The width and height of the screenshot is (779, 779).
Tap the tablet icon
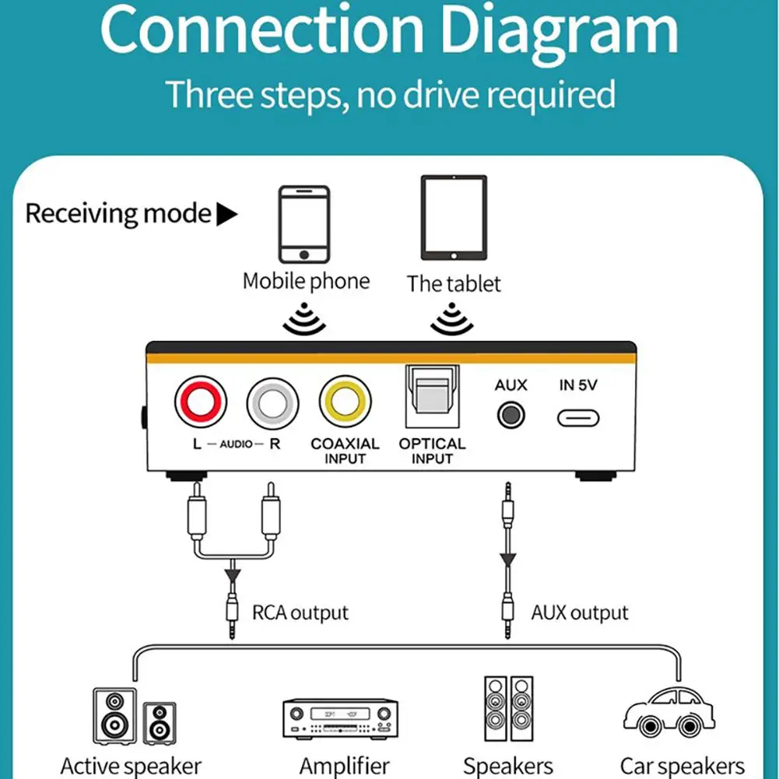[x=454, y=218]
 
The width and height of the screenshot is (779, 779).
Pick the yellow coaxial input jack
[x=345, y=402]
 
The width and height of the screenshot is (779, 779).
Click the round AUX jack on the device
[x=511, y=415]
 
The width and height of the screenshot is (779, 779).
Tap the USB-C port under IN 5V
[x=578, y=418]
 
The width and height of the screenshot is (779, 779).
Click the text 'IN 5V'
[x=578, y=384]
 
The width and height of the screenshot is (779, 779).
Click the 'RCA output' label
[x=300, y=613]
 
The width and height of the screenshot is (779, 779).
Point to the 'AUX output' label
[x=580, y=613]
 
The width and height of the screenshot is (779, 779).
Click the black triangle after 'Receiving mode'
[x=226, y=214]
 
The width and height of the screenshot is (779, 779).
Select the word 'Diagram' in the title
[x=552, y=30]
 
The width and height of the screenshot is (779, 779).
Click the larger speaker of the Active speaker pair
[x=114, y=714]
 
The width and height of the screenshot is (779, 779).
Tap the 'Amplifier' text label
[x=344, y=767]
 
